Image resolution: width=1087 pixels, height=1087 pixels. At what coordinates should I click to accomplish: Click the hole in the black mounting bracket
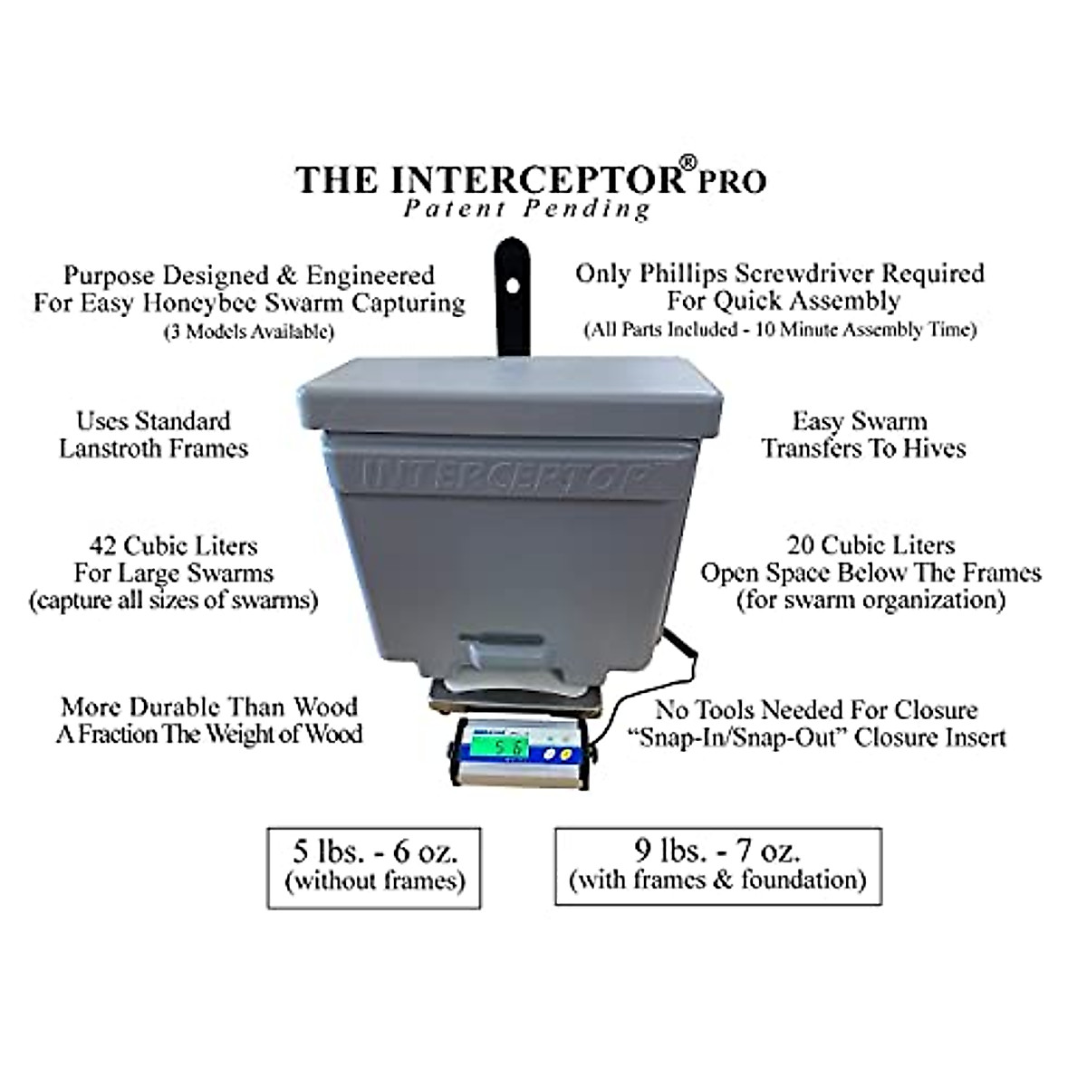click(x=513, y=286)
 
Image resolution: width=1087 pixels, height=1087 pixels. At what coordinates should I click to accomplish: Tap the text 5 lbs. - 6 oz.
click(x=374, y=851)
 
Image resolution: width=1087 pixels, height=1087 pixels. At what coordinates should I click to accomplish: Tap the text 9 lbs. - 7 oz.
click(x=717, y=851)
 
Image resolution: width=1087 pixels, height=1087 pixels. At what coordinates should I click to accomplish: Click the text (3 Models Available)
click(x=248, y=332)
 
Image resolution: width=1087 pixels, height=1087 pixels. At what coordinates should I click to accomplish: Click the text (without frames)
click(x=374, y=880)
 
